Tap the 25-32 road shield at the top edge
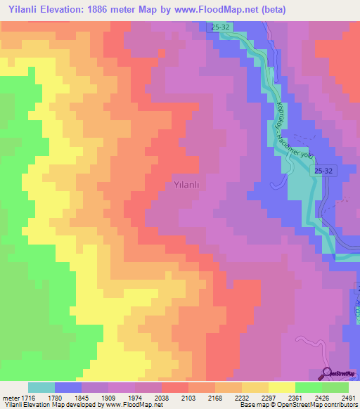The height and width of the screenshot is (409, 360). (221, 27)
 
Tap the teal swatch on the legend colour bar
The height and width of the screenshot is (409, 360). (41, 387)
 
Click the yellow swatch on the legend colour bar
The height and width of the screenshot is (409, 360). (281, 387)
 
